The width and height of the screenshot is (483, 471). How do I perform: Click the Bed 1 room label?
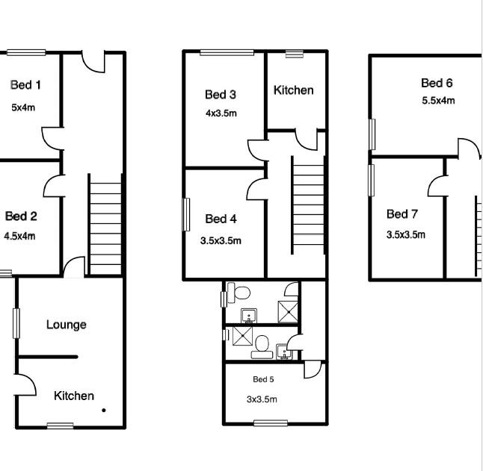pos(25,85)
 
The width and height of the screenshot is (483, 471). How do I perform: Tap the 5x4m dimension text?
pos(23,107)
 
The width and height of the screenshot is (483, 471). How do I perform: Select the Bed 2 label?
pos(21,216)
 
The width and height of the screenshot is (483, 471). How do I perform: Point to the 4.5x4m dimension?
pos(19,236)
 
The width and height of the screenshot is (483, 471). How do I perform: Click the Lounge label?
pos(67,325)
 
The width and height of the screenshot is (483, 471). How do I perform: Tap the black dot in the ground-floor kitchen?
pos(104,410)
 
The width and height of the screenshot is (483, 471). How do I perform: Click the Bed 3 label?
pos(221,94)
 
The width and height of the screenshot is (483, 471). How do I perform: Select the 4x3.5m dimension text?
pos(221,113)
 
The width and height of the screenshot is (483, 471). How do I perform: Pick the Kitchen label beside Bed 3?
pos(294,90)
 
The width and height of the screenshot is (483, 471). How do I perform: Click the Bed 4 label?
pos(221,219)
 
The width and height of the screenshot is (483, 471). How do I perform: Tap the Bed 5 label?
pos(263,379)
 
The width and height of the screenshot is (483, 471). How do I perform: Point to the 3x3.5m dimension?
pos(262,399)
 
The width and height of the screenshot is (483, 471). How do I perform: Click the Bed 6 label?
pos(437,83)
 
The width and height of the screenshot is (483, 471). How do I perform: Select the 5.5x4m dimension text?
pos(438,101)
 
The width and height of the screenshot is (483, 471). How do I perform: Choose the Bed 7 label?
pos(402,214)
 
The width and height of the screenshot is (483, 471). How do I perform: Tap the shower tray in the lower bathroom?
pos(242,337)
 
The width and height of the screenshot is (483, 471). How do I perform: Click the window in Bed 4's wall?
pos(186,214)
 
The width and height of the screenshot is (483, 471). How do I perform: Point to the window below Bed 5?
pos(271,423)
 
